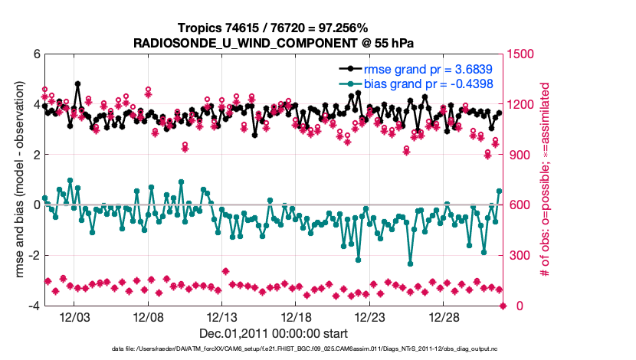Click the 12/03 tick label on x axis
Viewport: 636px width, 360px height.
click(x=75, y=317)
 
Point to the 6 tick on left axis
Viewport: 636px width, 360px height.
click(x=35, y=54)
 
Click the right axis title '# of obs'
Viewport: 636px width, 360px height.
click(x=545, y=180)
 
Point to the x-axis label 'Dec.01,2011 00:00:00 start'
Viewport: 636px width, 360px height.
click(x=274, y=333)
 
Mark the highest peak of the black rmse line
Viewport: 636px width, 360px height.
click(x=78, y=84)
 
